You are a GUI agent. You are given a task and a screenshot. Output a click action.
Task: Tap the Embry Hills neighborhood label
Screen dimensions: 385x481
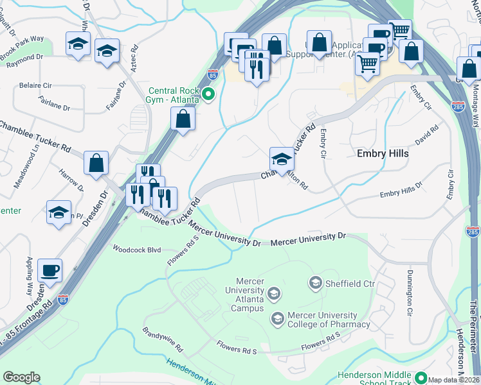383,153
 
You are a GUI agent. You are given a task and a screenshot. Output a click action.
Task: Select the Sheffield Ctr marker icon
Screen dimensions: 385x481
315,282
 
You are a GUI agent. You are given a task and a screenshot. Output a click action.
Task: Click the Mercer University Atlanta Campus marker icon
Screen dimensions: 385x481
273,295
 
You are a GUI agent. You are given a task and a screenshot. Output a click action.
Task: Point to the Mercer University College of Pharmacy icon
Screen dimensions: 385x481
277,318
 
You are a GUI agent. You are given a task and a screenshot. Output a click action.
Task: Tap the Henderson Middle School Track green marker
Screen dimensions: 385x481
421,377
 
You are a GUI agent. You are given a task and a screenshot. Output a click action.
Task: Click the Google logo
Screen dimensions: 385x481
21,377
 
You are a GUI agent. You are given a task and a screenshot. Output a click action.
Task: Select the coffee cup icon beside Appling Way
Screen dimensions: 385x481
50,270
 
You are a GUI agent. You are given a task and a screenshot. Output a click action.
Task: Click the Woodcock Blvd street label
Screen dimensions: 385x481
136,248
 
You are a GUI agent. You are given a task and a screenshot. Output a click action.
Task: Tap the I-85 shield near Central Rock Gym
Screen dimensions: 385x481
213,74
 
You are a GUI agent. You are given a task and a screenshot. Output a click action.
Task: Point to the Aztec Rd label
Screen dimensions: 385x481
134,57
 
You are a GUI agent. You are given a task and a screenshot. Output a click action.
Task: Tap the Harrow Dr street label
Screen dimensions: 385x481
71,180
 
